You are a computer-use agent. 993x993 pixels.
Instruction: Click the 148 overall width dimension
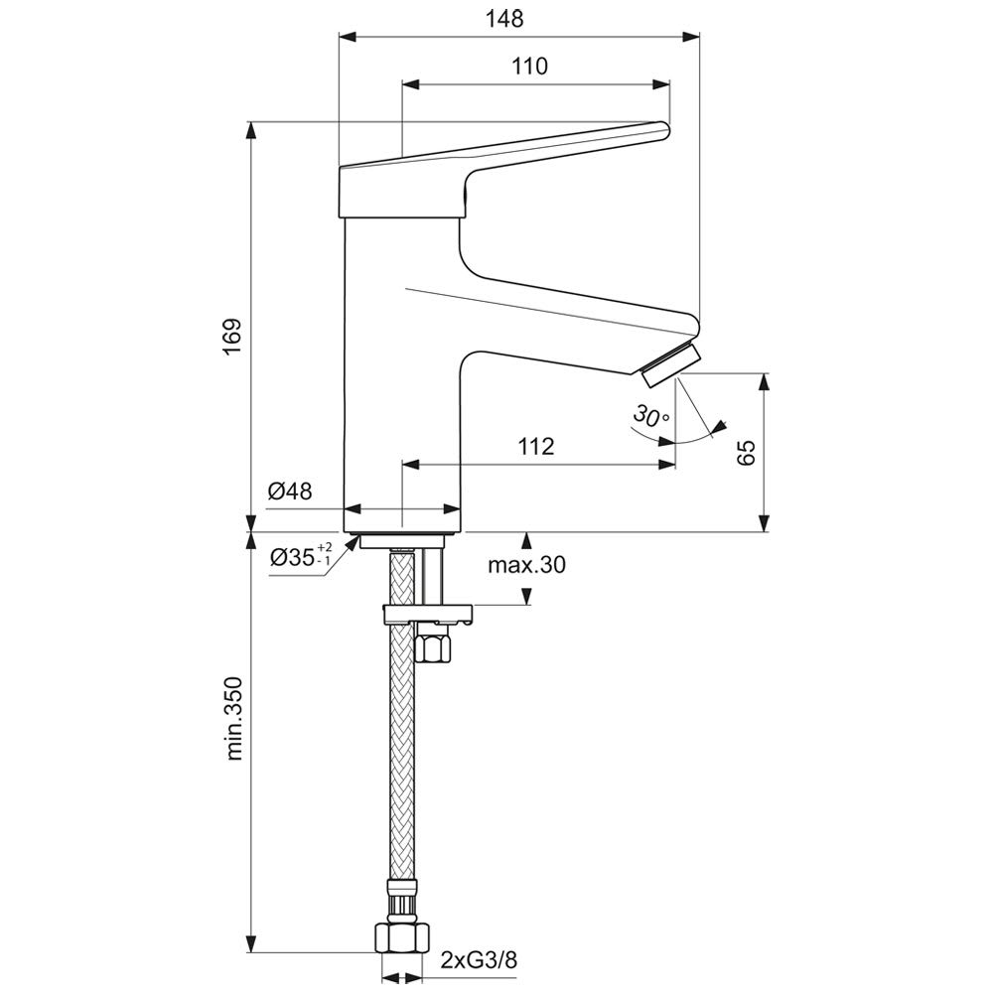point(504,19)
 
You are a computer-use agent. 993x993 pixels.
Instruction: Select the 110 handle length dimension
point(529,66)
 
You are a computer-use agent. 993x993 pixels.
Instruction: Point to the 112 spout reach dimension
point(536,447)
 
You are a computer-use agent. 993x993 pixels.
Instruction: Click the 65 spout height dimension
point(747,452)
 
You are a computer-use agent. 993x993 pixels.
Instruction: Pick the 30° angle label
point(651,416)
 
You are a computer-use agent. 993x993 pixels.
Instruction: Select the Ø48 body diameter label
point(290,491)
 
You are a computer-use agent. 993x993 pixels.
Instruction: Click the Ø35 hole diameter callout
point(300,556)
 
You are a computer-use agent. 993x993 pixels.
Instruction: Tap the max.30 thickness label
point(526,564)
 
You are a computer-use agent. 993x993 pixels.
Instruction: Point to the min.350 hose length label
point(233,718)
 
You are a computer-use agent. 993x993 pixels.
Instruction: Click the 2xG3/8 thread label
point(479,960)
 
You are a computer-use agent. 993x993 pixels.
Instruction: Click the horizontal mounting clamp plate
point(428,614)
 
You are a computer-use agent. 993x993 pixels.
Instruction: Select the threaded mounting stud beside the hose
point(432,576)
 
